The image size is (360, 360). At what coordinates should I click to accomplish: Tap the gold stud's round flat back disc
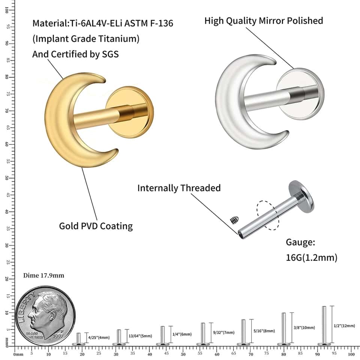[130, 112]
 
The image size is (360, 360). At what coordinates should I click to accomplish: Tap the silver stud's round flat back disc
[300, 94]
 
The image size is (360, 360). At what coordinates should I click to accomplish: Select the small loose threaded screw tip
[234, 220]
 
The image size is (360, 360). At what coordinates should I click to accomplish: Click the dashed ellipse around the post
[268, 215]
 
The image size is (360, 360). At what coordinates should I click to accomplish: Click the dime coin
[45, 316]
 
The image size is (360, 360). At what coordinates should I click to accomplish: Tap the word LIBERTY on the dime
[26, 307]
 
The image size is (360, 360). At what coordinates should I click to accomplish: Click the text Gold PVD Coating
[96, 226]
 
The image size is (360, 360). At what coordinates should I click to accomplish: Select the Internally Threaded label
[179, 188]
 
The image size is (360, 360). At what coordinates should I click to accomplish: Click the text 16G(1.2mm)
[312, 258]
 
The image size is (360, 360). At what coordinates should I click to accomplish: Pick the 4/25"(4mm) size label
[99, 337]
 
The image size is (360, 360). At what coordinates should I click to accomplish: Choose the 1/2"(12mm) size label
[344, 325]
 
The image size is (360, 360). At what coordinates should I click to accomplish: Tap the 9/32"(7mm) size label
[224, 332]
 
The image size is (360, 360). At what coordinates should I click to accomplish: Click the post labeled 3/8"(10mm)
[284, 329]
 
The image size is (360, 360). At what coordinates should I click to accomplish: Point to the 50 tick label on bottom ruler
[183, 354]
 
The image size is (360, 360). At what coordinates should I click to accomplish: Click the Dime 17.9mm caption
[43, 275]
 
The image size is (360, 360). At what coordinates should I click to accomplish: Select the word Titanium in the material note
[120, 39]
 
